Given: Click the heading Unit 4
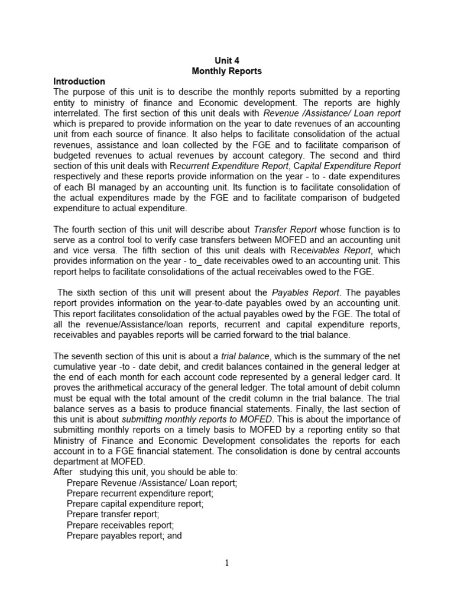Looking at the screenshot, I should [227, 60].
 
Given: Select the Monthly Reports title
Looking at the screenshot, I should [227, 71].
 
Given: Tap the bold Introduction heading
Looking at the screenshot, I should [79, 81].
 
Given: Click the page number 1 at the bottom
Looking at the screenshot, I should [227, 563].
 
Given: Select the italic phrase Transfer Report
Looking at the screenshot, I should [285, 230].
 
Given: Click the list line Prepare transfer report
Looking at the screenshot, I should [113, 514].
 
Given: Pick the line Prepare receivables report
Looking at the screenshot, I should [121, 525].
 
